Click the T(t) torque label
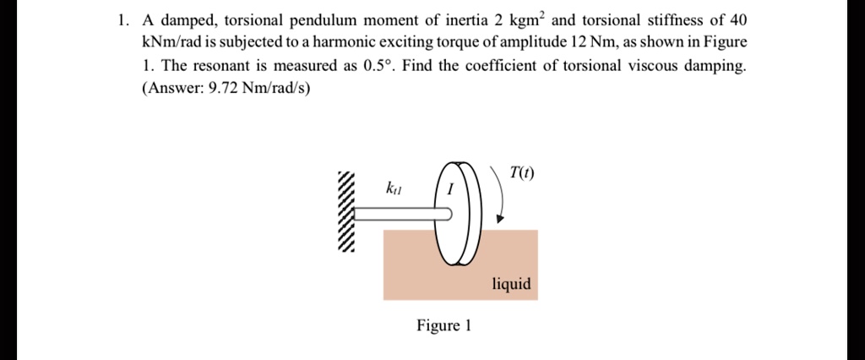pos(521,174)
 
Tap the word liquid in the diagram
pos(512,284)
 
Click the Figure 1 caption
pos(443,325)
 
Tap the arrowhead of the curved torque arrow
pos(501,219)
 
